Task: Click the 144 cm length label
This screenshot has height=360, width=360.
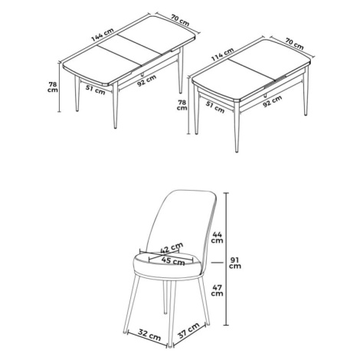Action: point(103,34)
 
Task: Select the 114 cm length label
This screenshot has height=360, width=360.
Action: point(222,54)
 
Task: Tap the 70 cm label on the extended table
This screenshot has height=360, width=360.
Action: point(180,20)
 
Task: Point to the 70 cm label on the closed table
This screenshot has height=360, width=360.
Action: point(295,44)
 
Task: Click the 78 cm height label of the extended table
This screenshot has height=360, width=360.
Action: point(53,87)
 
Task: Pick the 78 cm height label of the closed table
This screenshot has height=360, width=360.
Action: point(182,105)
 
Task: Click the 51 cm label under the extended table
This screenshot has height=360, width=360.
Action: point(96,90)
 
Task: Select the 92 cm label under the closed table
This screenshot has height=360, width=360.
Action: point(273,101)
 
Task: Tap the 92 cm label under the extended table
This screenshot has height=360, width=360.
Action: point(146,80)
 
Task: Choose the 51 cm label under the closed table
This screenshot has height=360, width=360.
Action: point(215,108)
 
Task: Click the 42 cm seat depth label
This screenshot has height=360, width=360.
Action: point(172,247)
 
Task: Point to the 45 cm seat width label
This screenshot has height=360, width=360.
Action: point(173,261)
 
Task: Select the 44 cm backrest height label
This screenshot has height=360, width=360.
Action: point(217,237)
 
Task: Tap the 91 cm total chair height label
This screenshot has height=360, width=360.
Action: point(235,263)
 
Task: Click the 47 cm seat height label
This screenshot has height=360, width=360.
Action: point(217,290)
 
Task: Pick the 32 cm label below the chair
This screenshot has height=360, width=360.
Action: point(149,335)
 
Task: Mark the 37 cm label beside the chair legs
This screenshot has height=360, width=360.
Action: point(188,331)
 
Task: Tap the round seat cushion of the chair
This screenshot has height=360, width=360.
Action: point(166,266)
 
